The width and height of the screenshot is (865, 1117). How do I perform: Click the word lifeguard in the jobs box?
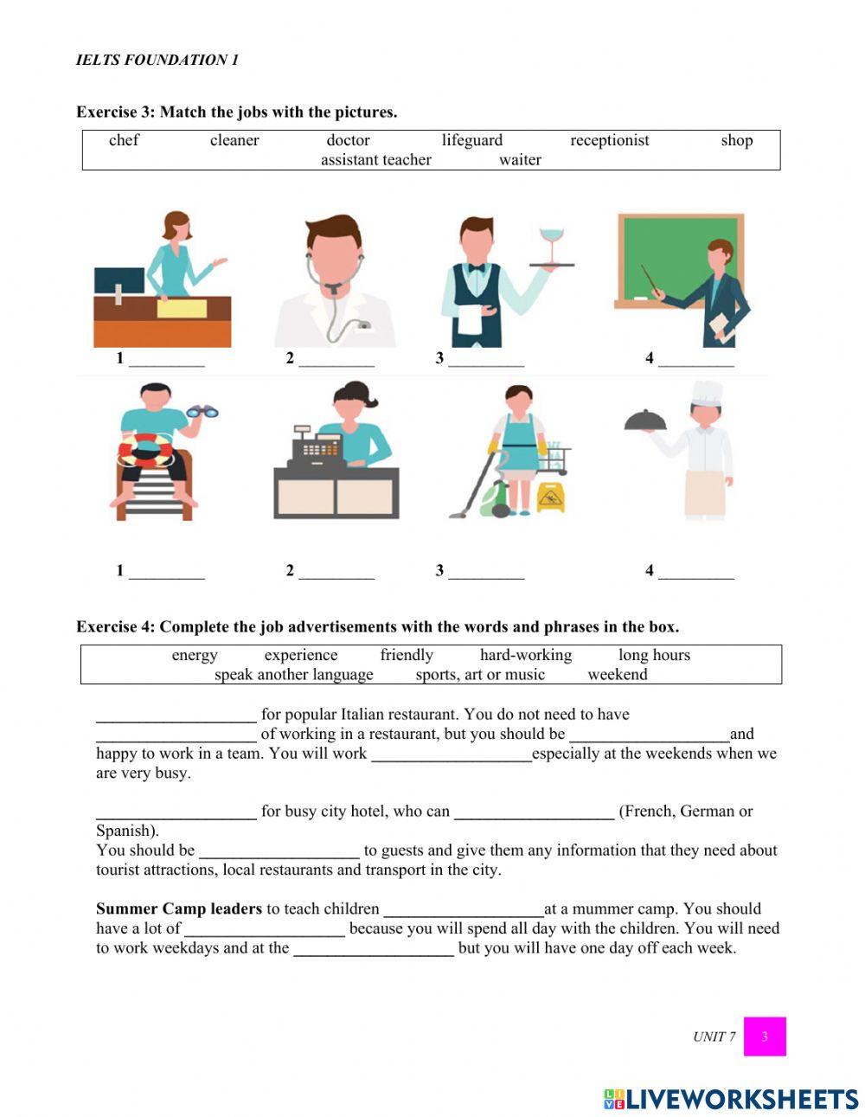[471, 140]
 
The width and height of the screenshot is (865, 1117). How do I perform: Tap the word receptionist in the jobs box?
[609, 140]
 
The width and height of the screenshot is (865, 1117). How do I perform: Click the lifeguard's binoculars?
[202, 413]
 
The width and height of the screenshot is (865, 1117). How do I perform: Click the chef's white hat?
[707, 393]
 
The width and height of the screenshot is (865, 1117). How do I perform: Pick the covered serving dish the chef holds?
[645, 421]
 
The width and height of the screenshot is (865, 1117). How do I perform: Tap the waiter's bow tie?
[476, 267]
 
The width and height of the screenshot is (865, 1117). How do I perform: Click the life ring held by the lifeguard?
[147, 450]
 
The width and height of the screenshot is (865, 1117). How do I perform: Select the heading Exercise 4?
[377, 626]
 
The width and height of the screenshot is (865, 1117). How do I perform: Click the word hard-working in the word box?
[526, 655]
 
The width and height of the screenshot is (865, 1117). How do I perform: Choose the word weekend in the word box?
[617, 674]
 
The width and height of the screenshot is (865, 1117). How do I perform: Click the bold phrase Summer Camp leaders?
[178, 908]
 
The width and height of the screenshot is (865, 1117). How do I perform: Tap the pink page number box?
[765, 1036]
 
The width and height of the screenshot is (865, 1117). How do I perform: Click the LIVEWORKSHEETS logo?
[731, 1099]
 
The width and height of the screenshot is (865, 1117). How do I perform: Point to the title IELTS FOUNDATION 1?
[157, 60]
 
